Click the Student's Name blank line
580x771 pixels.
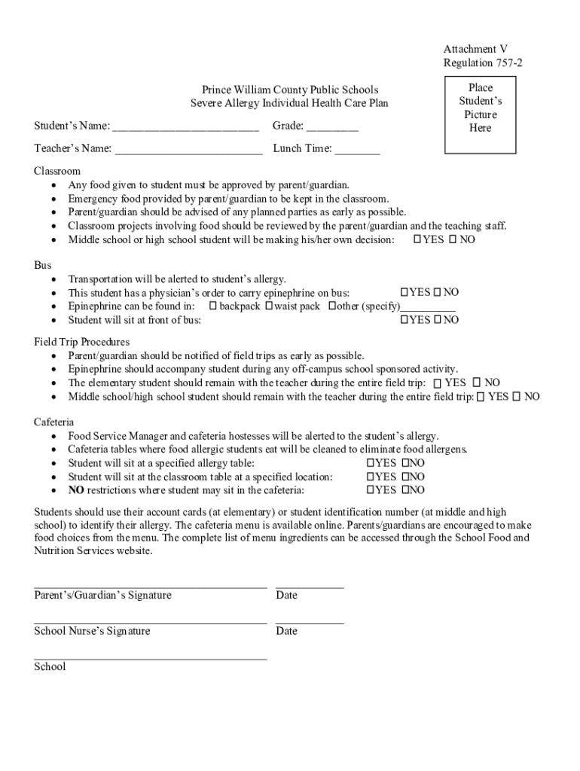185,126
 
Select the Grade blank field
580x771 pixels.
332,126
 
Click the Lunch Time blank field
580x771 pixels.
357,149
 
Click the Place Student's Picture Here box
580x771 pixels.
480,108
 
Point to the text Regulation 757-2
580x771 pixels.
482,62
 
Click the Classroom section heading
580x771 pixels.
57,171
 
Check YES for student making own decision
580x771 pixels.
417,239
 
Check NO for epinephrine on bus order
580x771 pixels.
436,292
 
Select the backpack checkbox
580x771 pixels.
213,306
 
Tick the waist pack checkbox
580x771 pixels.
269,306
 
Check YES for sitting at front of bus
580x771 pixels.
404,320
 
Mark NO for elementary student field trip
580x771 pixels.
476,383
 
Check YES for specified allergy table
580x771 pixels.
370,463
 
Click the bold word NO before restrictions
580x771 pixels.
75,490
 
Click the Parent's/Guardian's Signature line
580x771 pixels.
150,585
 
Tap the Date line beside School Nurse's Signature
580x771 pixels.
310,622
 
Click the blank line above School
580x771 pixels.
150,657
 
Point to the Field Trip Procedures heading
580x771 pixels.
81,342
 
